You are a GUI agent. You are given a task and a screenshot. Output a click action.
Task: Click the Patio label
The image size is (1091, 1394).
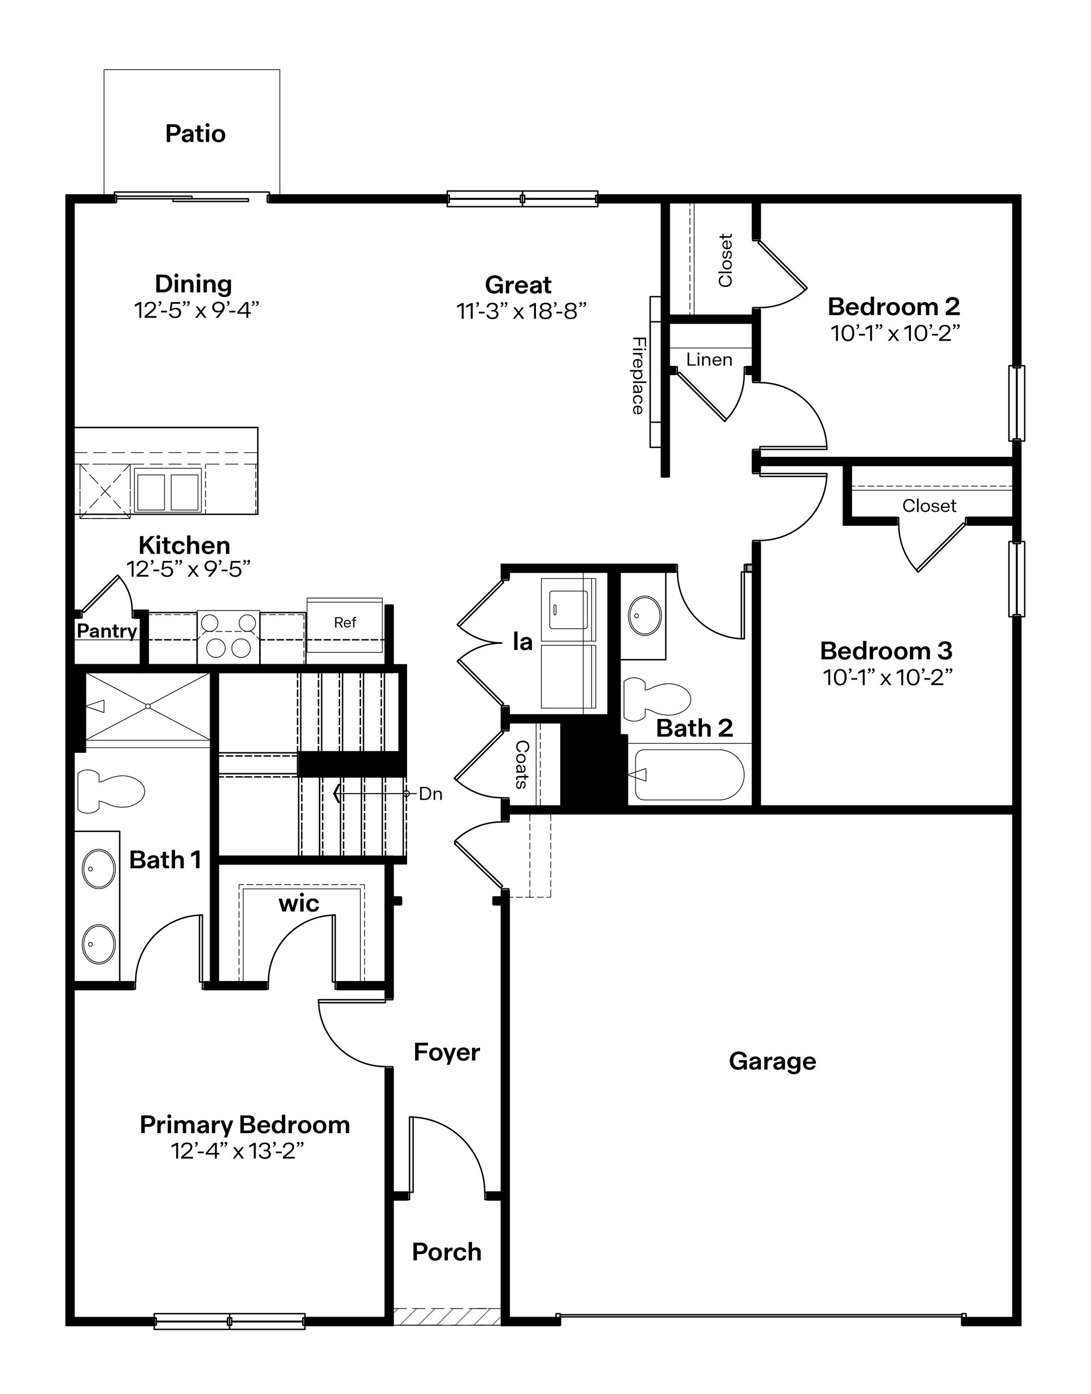[x=195, y=133]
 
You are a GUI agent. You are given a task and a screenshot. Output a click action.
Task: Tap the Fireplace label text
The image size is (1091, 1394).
[x=638, y=376]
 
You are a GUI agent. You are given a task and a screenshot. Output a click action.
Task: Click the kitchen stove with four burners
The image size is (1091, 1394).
[x=228, y=637]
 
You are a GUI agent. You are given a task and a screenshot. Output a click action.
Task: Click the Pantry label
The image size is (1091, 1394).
[x=107, y=631]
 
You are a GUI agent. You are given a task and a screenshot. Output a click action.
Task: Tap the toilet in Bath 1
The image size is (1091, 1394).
[x=111, y=791]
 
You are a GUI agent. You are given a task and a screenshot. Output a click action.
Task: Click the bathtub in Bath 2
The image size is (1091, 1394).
[x=688, y=774]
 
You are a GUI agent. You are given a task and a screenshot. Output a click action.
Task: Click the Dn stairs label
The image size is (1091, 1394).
[x=430, y=794]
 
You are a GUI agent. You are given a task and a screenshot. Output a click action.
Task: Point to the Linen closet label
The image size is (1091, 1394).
[x=709, y=360]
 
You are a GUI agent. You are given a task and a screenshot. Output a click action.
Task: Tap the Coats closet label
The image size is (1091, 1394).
[x=522, y=764]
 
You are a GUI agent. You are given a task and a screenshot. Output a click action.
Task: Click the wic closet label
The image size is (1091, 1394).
[x=298, y=903]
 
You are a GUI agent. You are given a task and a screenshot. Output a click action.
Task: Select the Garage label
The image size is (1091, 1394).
[x=773, y=1061]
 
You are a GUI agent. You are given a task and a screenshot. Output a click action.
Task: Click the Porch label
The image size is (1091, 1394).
[x=447, y=1252]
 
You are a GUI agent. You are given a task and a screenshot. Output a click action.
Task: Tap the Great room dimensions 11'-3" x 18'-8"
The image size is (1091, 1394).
[x=521, y=311]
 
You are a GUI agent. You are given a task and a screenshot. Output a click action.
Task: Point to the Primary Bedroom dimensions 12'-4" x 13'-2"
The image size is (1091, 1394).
[x=237, y=1151]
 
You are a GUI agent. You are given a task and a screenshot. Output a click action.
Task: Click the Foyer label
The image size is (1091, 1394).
[x=447, y=1052]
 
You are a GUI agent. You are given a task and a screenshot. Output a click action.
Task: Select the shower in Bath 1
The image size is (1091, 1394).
[x=147, y=707]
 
